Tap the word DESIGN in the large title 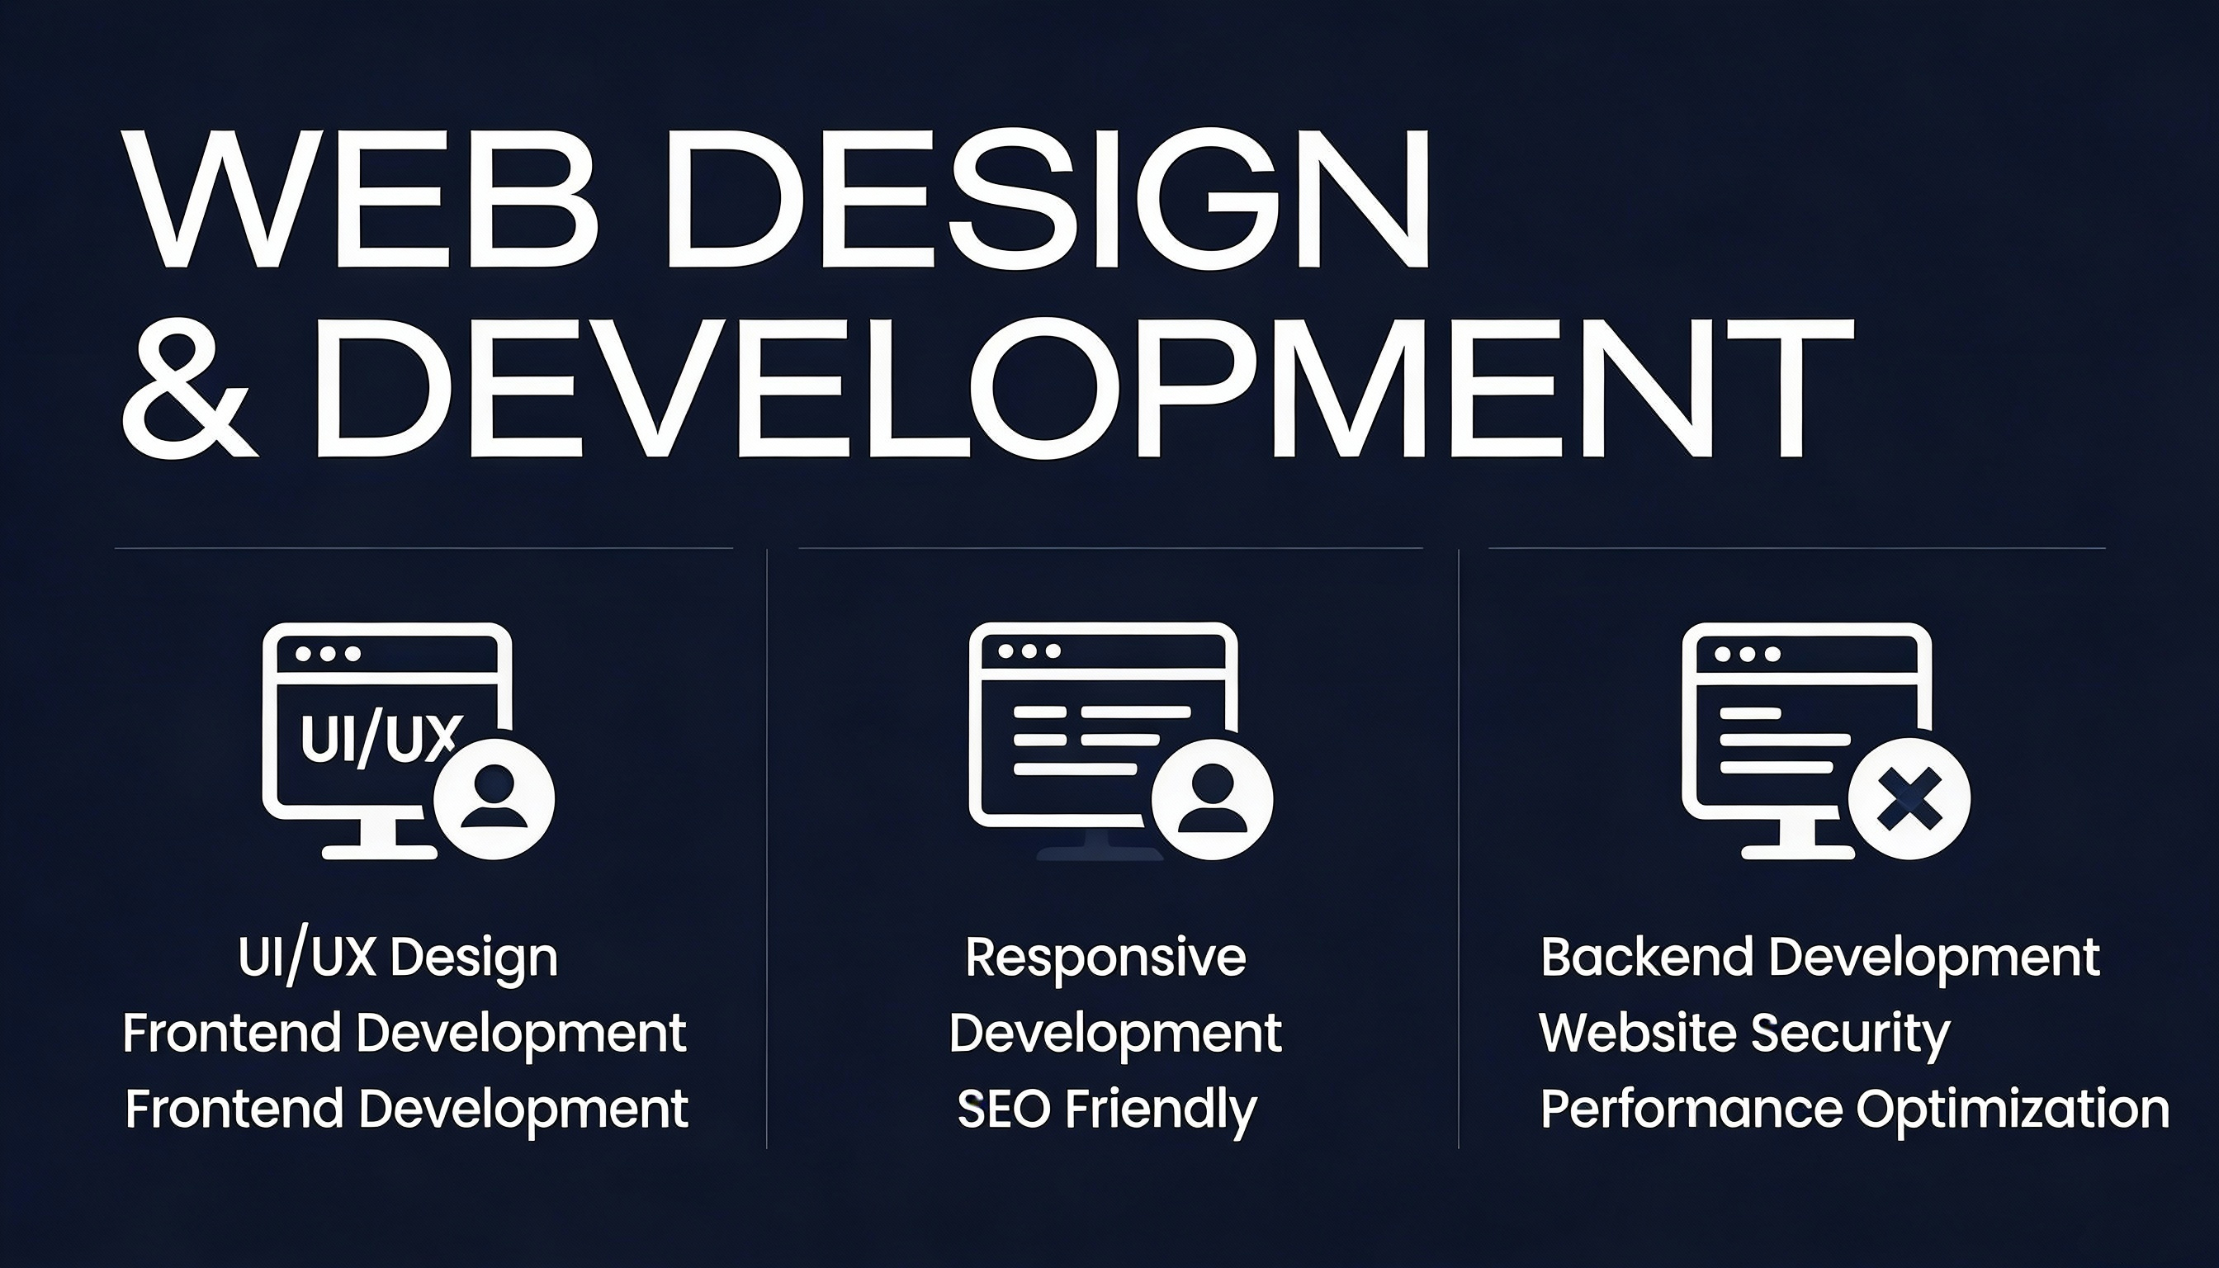(x=1048, y=199)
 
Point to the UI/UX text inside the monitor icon (x=378, y=738)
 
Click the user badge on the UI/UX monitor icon (x=494, y=798)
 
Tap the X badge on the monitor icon (x=1909, y=798)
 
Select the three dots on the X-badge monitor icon (x=1747, y=654)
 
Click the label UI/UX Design (x=398, y=958)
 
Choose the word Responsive (x=1106, y=958)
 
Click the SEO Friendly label (x=1107, y=1109)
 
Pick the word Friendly (x=1162, y=1109)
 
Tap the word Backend (x=1647, y=957)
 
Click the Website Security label (x=1744, y=1034)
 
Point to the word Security (x=1851, y=1034)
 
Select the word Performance (x=1691, y=1109)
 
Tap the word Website (x=1638, y=1033)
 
